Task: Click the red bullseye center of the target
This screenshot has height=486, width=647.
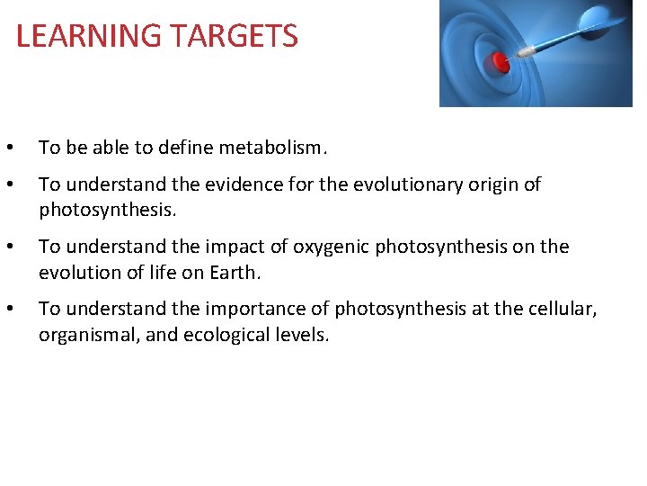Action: pos(501,62)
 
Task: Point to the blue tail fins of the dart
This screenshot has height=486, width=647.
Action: pos(606,18)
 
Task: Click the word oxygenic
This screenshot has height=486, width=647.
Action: pos(326,247)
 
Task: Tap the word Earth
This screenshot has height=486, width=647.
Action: pos(235,272)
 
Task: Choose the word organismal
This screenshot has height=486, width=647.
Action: pos(83,335)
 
